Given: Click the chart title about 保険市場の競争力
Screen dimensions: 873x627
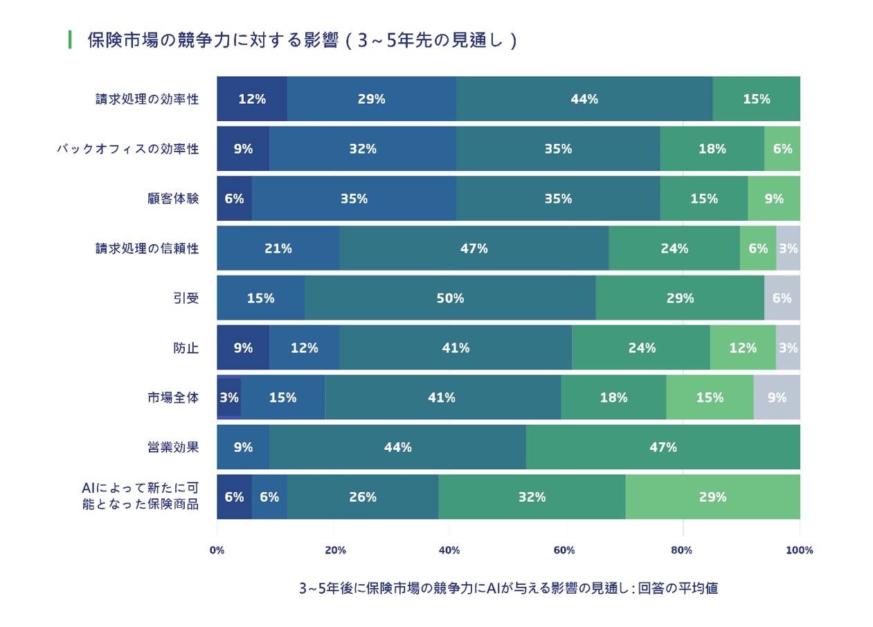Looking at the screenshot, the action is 303,40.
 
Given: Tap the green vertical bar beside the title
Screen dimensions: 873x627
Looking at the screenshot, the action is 70,39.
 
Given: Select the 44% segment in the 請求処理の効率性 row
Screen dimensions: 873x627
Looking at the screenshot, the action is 584,98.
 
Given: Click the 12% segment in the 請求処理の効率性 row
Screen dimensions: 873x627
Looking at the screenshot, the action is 252,98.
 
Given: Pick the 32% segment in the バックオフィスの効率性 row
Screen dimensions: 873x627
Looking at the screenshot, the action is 363,149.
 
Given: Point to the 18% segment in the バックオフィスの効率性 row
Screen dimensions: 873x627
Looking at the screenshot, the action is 712,149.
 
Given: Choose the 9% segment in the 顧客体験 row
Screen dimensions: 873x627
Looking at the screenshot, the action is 774,199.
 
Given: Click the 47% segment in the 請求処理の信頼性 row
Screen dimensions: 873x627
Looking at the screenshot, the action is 474,248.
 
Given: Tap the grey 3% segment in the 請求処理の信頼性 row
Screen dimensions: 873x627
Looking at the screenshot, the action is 788,248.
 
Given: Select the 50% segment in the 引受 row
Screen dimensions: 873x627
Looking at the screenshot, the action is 450,298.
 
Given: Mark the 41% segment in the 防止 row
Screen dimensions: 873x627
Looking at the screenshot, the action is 456,347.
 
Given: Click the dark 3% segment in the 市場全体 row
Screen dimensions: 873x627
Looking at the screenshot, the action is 229,397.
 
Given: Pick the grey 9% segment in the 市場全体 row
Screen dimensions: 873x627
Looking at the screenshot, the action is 777,397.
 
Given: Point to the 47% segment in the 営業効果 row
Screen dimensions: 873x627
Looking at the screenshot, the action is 663,447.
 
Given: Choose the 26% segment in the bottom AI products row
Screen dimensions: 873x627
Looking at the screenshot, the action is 363,497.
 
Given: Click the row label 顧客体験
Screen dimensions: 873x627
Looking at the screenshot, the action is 173,199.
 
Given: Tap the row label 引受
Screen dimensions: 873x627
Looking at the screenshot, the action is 186,298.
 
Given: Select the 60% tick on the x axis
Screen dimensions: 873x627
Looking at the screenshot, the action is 564,550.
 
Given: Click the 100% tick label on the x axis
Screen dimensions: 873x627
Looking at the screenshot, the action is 800,550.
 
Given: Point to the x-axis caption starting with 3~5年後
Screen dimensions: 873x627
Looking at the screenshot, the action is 509,588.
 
